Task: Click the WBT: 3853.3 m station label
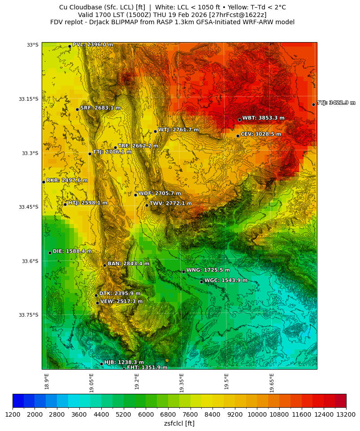click(263, 118)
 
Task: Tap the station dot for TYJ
click(313, 105)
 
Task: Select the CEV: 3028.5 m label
click(261, 134)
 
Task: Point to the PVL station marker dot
click(69, 46)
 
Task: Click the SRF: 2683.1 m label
click(100, 108)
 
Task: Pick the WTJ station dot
click(155, 132)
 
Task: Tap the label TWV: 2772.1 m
click(170, 203)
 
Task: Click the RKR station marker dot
click(43, 182)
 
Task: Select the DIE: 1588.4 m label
click(72, 251)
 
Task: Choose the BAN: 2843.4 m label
click(128, 264)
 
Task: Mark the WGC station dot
click(201, 282)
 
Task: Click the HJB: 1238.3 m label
click(124, 362)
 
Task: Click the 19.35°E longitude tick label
click(182, 383)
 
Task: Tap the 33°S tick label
click(33, 45)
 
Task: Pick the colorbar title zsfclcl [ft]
click(179, 423)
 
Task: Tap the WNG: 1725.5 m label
click(208, 270)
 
